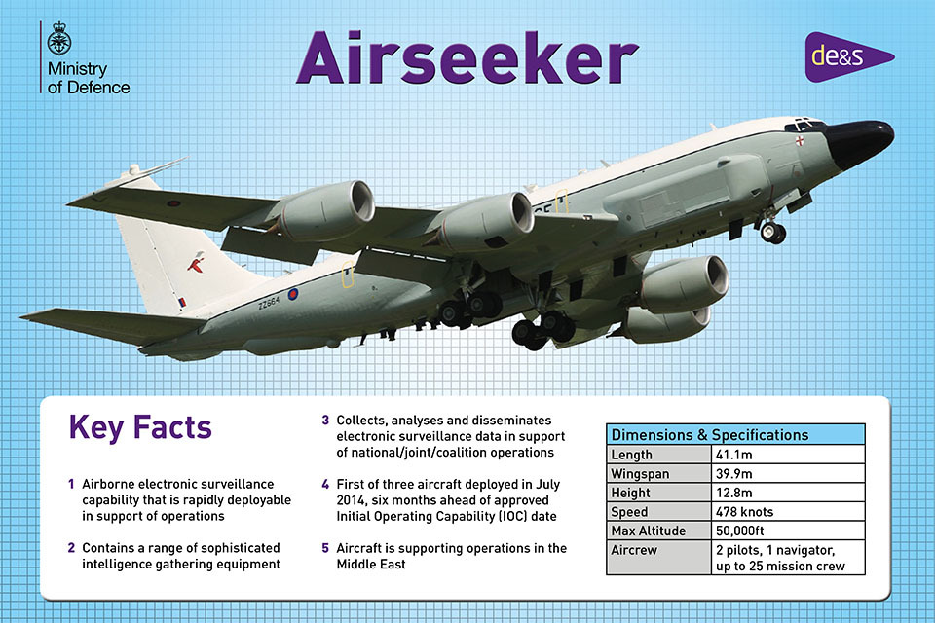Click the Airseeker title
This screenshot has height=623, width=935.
coord(467,57)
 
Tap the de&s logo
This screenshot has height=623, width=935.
coord(849,56)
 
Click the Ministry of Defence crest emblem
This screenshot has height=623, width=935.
coord(59,39)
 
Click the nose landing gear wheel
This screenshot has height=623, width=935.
coord(773,232)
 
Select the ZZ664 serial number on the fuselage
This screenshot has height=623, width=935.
coord(269,303)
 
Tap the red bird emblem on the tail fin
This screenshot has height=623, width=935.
coord(196,261)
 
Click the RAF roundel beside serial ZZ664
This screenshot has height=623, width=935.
coord(293,294)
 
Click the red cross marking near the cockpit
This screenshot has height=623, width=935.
coord(799,141)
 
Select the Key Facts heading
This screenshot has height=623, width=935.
coord(140,427)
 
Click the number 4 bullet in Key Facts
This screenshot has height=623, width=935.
coord(325,484)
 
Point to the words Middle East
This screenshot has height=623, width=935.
coord(371,564)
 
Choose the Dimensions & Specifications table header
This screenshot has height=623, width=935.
coord(735,434)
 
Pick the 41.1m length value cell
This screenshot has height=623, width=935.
coord(788,455)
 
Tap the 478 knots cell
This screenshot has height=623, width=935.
coord(788,511)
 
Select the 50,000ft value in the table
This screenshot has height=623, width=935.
coord(739,531)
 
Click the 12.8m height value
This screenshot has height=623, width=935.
coord(734,493)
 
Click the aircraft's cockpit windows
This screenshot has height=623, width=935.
coord(805,125)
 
